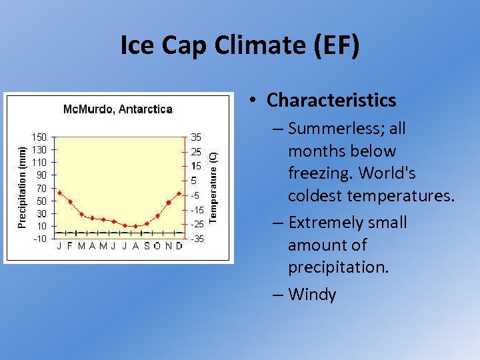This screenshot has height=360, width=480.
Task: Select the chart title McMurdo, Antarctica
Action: (117, 109)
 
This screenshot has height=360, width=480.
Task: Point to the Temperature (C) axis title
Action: (213, 187)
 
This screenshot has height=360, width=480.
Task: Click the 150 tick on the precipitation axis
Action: (40, 137)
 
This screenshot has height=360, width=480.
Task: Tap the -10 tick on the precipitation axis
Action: (40, 239)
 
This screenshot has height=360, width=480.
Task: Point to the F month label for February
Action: (71, 246)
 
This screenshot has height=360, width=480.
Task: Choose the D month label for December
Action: (179, 246)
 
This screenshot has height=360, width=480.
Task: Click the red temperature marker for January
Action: (59, 193)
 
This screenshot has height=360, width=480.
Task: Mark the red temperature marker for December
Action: (179, 193)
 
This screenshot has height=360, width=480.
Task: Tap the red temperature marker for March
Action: (81, 214)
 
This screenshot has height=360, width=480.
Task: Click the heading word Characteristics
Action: (331, 100)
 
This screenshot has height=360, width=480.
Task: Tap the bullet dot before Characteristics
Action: (254, 101)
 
